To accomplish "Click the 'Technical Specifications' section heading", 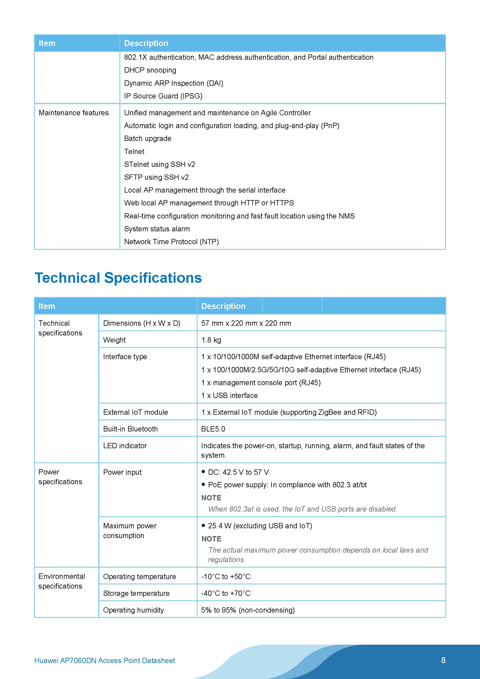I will pos(118,278).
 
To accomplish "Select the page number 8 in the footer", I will pos(443,660).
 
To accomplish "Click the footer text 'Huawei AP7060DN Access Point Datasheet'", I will pos(104,660).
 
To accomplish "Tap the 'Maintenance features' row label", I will pos(74,113).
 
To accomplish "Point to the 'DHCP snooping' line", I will pos(150,70).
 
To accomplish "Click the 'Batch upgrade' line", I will pos(148,139).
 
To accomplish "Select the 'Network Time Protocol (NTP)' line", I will pos(171,242).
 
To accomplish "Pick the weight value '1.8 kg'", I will pos(211,340).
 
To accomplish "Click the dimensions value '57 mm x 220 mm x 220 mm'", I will pos(246,323).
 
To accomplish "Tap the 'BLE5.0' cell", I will pos(213,429).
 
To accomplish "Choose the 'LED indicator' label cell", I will pos(125,446).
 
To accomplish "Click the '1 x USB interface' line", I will pos(229,396).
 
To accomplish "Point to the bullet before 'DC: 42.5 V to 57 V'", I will pos(203,472).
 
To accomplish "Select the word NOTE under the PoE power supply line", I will pos(211,498).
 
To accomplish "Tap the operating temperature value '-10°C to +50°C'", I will pos(226,577).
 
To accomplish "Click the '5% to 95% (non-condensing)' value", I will pos(248,610).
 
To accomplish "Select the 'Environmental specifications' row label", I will pos(61,581).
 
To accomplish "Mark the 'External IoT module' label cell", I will pos(135,412).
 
